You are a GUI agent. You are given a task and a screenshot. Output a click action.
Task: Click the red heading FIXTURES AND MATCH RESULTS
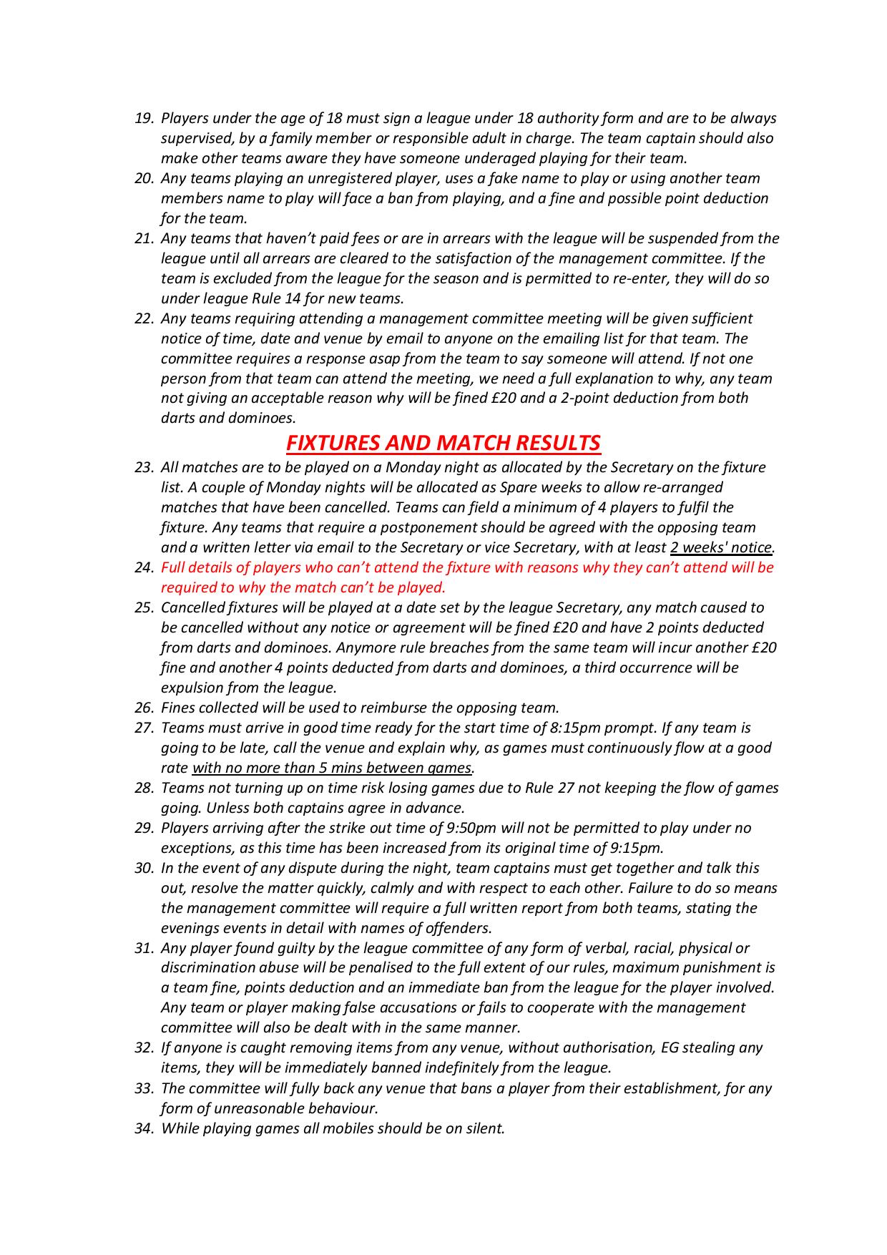pos(443,443)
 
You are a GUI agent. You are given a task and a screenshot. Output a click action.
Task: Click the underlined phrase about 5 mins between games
pos(333,768)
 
